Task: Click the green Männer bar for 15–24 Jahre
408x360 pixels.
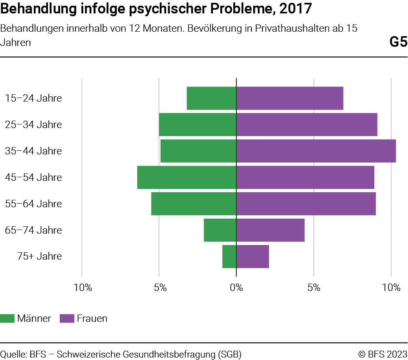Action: click(x=211, y=98)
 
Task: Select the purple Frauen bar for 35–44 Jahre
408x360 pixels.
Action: click(x=316, y=151)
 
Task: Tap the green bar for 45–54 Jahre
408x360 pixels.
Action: click(x=187, y=178)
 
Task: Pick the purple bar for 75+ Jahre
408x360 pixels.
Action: click(x=252, y=257)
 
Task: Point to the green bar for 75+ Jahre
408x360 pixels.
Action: click(x=229, y=257)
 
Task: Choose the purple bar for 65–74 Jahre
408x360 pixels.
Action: click(x=270, y=230)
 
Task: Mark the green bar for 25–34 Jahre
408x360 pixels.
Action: click(x=197, y=125)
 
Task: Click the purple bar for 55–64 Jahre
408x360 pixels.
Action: click(x=306, y=204)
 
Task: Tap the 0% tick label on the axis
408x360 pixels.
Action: click(x=236, y=288)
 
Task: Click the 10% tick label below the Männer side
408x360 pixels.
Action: click(x=82, y=288)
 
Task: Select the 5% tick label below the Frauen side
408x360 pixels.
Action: click(x=314, y=288)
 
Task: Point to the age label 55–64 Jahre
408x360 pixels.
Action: click(x=33, y=204)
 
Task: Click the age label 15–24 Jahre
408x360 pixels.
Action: click(x=33, y=98)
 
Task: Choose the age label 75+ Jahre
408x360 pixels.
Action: click(x=39, y=257)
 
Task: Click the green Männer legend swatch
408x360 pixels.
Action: click(x=7, y=319)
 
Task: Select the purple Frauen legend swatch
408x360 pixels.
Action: click(x=67, y=319)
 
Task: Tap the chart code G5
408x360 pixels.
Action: click(x=398, y=42)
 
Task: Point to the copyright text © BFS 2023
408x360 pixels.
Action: click(x=382, y=354)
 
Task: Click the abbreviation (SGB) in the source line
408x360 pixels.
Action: click(x=229, y=354)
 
